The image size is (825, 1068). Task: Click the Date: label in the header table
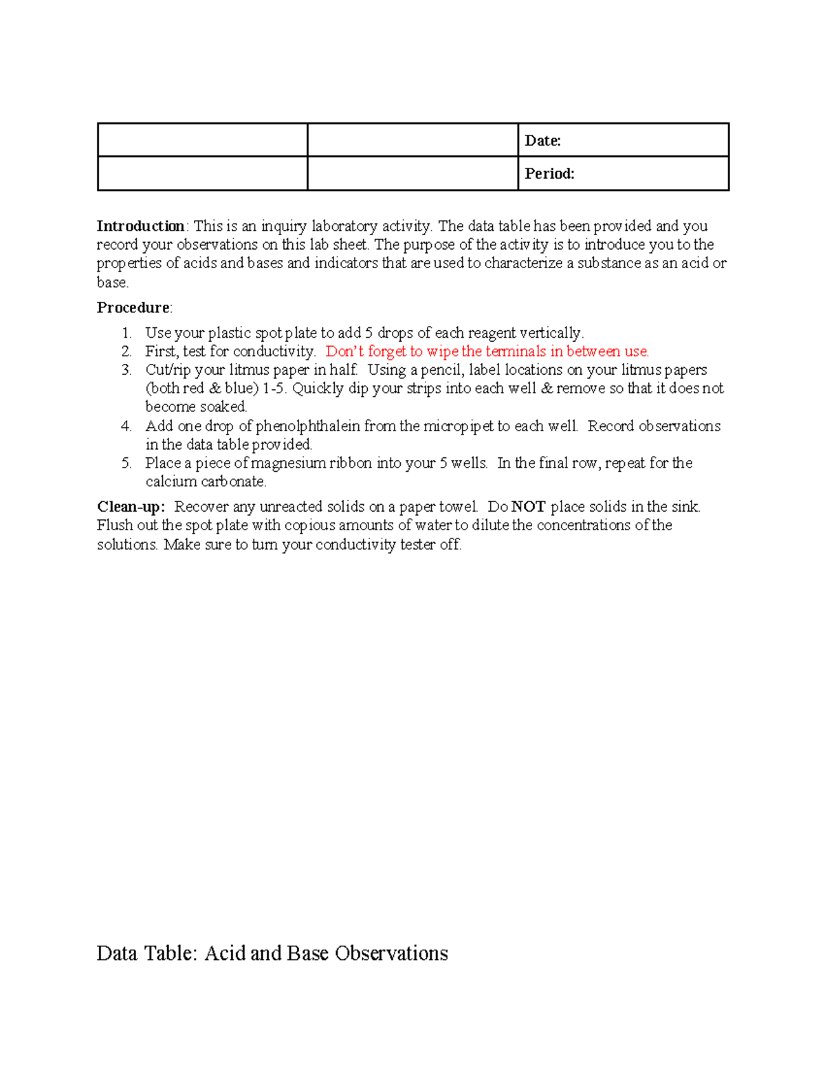pos(542,141)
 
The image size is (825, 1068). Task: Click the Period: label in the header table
pos(549,173)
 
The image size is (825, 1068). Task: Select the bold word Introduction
pos(140,226)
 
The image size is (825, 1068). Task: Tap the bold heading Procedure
pos(133,307)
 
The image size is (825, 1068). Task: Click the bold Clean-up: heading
pos(131,507)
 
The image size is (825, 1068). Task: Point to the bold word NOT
pos(528,507)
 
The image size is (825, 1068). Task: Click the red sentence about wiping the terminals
pos(487,351)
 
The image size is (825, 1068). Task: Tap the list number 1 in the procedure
pos(126,333)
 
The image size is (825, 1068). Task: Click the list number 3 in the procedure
pos(126,370)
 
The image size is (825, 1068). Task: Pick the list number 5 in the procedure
pos(126,463)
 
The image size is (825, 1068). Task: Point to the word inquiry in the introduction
pos(284,226)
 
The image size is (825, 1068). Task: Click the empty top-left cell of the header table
pos(202,140)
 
